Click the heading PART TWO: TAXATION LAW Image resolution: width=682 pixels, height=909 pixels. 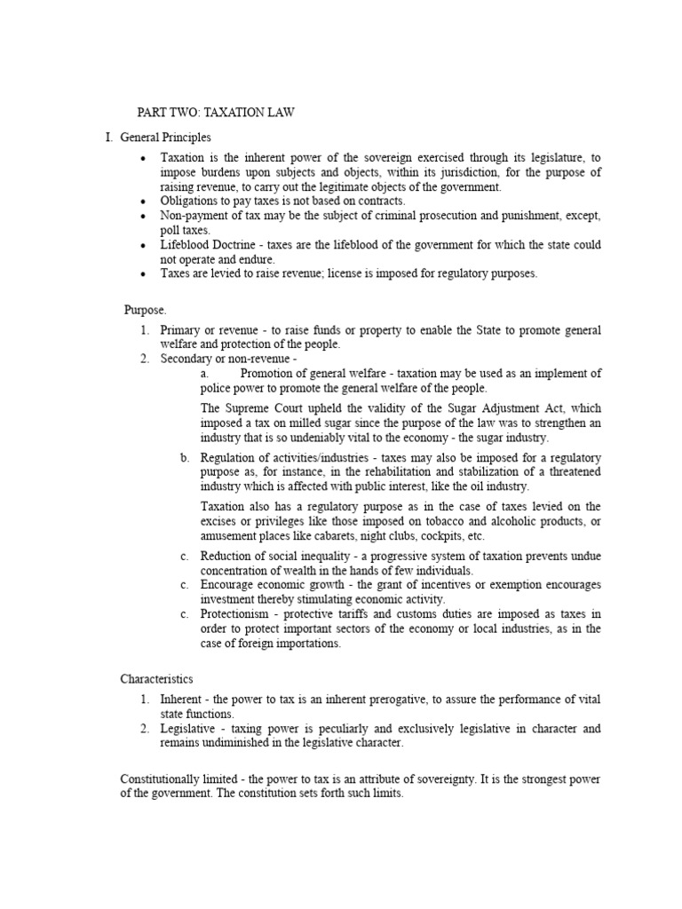tap(215, 113)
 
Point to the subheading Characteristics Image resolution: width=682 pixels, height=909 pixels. tap(156, 678)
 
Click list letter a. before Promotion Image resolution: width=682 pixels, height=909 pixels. tap(205, 373)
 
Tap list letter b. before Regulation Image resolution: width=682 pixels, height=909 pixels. tap(185, 457)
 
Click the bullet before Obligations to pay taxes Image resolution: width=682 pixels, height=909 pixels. tap(143, 202)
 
